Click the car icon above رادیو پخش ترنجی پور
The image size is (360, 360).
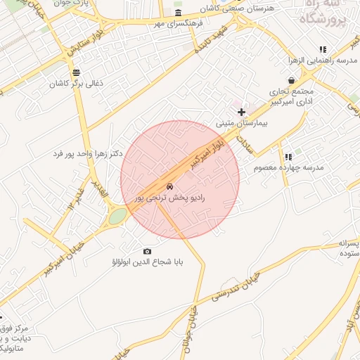169,186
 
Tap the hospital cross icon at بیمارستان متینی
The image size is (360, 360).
241,112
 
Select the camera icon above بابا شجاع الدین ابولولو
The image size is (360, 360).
147,251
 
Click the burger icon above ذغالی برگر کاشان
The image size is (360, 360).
76,72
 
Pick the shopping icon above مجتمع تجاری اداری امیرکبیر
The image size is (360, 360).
292,81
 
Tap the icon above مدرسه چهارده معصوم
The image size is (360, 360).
288,157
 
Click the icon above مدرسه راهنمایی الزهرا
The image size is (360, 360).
323,49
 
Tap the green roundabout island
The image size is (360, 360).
117,216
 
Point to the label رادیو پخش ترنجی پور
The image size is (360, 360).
170,199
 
